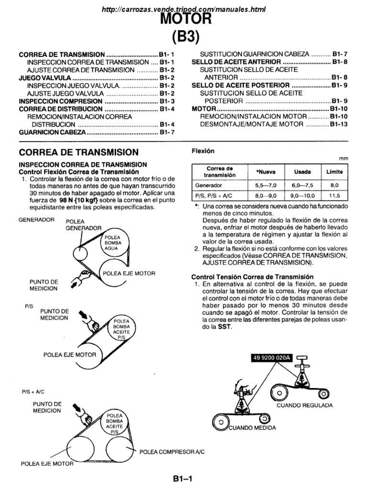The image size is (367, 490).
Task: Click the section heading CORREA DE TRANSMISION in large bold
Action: [78, 153]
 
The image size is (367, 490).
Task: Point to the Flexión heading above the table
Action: [203, 151]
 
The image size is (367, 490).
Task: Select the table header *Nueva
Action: [261, 171]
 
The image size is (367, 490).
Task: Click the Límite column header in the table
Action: [334, 171]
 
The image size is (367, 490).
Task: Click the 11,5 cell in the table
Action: [334, 196]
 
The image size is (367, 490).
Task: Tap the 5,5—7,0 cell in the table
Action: [261, 184]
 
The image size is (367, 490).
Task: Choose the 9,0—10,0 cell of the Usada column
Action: [299, 196]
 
